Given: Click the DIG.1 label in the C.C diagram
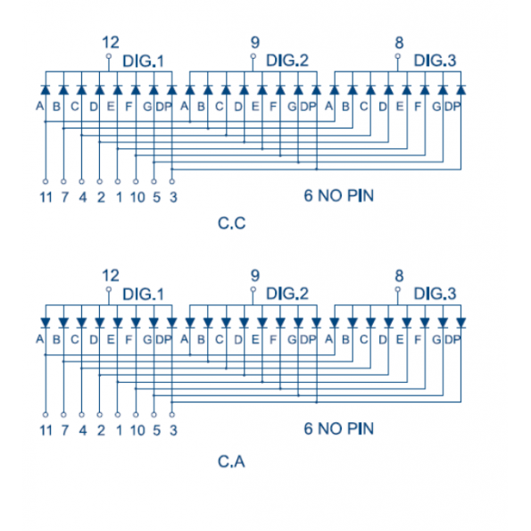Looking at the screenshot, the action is pyautogui.click(x=144, y=61).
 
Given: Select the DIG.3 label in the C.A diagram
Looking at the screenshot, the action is pyautogui.click(x=436, y=294).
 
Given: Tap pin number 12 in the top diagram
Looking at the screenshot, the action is pyautogui.click(x=111, y=43).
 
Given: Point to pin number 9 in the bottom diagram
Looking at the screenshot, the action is pyautogui.click(x=255, y=276).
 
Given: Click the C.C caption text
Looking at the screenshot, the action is pyautogui.click(x=232, y=223).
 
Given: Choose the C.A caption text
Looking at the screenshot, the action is pyautogui.click(x=231, y=461).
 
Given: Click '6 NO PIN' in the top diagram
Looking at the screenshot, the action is pyautogui.click(x=339, y=195).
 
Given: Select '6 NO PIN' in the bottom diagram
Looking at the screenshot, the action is pyautogui.click(x=339, y=428).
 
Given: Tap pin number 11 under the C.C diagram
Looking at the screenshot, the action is pyautogui.click(x=46, y=197).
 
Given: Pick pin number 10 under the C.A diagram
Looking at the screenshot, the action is pyautogui.click(x=137, y=430).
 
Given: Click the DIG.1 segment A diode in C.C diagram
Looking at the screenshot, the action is pyautogui.click(x=46, y=90).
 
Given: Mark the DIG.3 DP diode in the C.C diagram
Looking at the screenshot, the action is pyautogui.click(x=460, y=90).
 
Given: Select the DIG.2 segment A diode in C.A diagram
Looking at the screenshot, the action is pyautogui.click(x=190, y=323).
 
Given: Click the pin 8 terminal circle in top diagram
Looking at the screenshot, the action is pyautogui.click(x=398, y=56).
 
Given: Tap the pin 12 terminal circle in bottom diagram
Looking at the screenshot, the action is pyautogui.click(x=109, y=289).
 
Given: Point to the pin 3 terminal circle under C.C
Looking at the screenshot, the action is pyautogui.click(x=172, y=181).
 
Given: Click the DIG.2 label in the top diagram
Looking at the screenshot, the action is pyautogui.click(x=287, y=61).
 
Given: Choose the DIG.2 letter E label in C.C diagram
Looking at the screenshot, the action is pyautogui.click(x=255, y=106).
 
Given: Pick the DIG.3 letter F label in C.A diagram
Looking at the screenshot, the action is pyautogui.click(x=418, y=339).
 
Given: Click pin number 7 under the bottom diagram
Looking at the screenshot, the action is pyautogui.click(x=64, y=430).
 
